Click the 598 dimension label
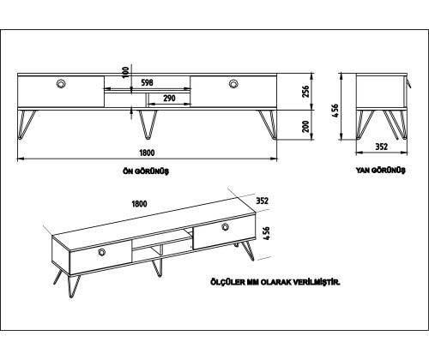(148, 82)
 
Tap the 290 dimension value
(169, 99)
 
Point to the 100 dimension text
(126, 73)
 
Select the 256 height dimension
(305, 92)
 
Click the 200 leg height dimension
(305, 126)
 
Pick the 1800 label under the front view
(147, 153)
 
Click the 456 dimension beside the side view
(335, 111)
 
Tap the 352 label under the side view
(381, 147)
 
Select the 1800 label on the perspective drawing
(139, 204)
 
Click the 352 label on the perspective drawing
(262, 201)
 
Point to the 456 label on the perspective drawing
(266, 233)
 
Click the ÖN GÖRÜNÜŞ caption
(146, 171)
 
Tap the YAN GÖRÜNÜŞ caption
(381, 171)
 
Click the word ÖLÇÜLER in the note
(228, 282)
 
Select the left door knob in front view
(61, 84)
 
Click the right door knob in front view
(233, 84)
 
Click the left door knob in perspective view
(102, 252)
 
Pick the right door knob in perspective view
(226, 227)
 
